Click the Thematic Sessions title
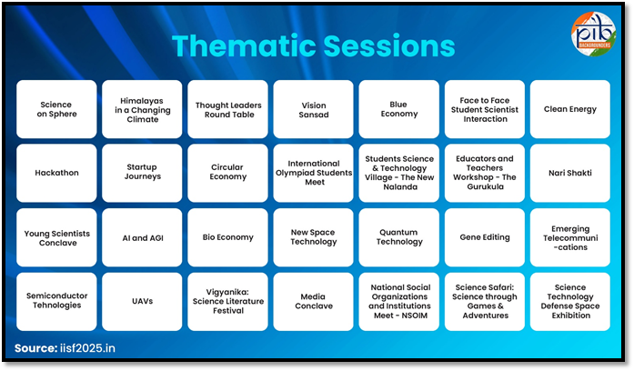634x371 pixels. (313, 45)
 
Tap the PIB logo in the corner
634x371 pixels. (593, 35)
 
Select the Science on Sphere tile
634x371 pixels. (56, 109)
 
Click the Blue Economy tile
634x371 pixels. (398, 109)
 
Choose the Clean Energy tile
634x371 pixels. (570, 109)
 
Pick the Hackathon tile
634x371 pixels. (56, 173)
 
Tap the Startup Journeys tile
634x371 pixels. (142, 173)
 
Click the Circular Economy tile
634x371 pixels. (227, 173)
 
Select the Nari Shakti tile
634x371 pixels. (570, 173)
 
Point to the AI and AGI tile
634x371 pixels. (142, 237)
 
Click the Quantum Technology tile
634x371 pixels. (398, 237)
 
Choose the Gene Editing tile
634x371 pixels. (485, 237)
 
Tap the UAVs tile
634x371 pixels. (142, 301)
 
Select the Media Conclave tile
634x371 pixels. (313, 301)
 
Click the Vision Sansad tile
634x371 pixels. (313, 109)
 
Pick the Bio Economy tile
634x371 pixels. (227, 237)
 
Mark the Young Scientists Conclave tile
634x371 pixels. (56, 237)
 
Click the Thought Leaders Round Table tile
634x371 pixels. (227, 109)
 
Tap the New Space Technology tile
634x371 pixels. (313, 237)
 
